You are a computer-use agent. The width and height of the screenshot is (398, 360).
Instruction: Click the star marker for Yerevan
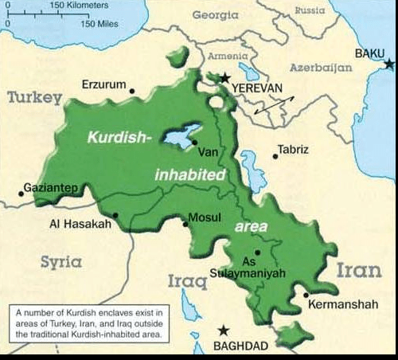(x=225, y=78)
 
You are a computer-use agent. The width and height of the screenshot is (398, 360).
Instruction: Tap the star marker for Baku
(x=388, y=63)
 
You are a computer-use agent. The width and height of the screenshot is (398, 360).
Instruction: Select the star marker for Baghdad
(x=224, y=330)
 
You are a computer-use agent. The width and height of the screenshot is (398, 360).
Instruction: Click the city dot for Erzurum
(x=132, y=91)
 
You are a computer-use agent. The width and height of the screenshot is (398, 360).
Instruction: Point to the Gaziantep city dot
(x=21, y=194)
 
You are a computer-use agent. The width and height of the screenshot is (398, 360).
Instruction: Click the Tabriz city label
(x=293, y=149)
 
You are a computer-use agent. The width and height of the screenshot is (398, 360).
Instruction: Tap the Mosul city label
(x=205, y=217)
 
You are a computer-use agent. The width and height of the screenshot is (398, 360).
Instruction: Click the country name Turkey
(x=34, y=98)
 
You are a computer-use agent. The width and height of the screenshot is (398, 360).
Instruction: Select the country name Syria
(x=61, y=261)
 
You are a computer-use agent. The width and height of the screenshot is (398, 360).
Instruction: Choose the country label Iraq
(x=186, y=280)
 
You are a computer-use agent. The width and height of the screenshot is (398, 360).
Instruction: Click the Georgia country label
(x=216, y=15)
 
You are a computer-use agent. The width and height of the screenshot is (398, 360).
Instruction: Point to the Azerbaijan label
(x=321, y=68)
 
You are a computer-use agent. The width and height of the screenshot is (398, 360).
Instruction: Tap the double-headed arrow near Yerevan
(x=274, y=105)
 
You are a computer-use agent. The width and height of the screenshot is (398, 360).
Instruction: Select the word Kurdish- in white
(x=119, y=137)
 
